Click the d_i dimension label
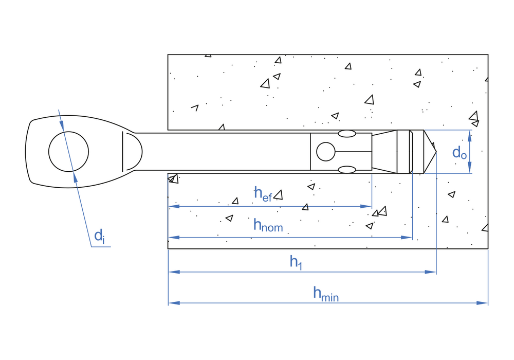[99, 237]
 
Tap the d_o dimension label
[460, 152]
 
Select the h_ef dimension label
[263, 193]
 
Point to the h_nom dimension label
[268, 225]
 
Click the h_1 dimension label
[295, 262]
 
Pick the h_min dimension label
[326, 294]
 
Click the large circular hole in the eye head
[68, 152]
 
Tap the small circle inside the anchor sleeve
[325, 152]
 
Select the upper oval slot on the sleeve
[347, 134]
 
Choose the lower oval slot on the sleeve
[347, 170]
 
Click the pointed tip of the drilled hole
[435, 152]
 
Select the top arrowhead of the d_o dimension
[470, 133]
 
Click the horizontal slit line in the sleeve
[353, 152]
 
